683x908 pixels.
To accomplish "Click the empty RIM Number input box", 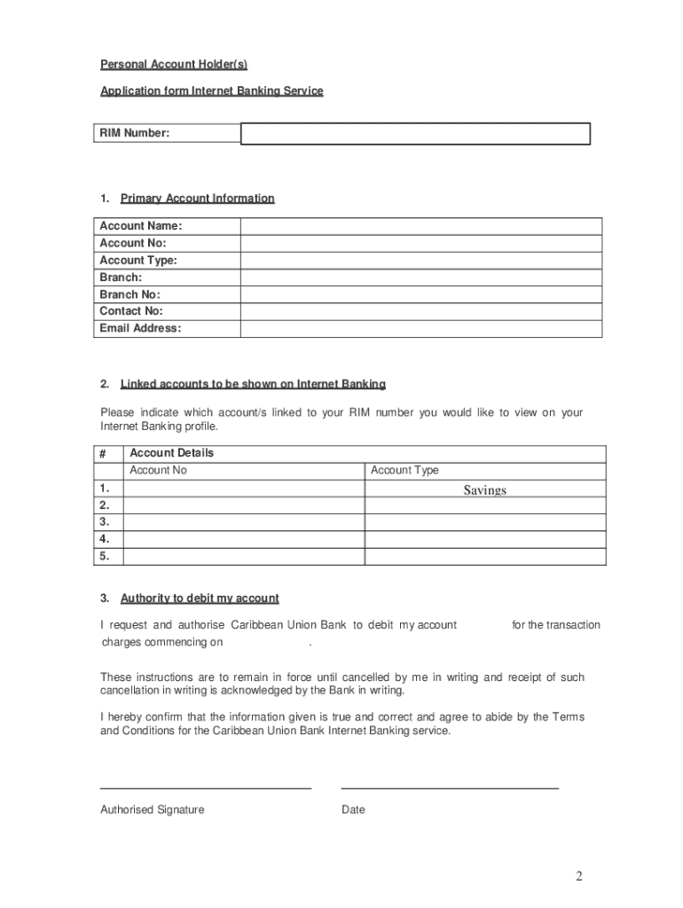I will tap(415, 134).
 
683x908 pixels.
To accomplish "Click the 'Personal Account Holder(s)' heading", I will tap(174, 64).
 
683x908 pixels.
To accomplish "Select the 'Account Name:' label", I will tap(140, 226).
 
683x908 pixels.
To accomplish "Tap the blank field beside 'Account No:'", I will tap(420, 243).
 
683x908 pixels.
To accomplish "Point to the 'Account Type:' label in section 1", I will tap(138, 261).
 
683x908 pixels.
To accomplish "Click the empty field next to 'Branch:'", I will tap(420, 278).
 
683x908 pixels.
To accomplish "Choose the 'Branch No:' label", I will tap(130, 294).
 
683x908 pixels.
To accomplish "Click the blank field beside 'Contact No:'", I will tap(420, 311).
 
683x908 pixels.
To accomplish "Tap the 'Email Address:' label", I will tap(140, 328).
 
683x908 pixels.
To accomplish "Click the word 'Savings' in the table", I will tap(484, 490).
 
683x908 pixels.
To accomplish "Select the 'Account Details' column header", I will tap(172, 453).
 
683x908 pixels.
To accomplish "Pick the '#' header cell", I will tap(103, 453).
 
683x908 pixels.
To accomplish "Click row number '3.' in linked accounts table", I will tap(106, 522).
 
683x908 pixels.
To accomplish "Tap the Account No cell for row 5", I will tap(243, 557).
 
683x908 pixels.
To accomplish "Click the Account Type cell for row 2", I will tap(485, 505).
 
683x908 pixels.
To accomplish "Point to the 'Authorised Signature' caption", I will tap(152, 810).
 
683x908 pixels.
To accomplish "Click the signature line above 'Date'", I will tap(450, 787).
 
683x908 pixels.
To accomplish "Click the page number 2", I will tap(578, 877).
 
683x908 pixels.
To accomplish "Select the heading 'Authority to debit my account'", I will tap(200, 599).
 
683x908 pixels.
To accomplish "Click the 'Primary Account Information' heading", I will tap(197, 199).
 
